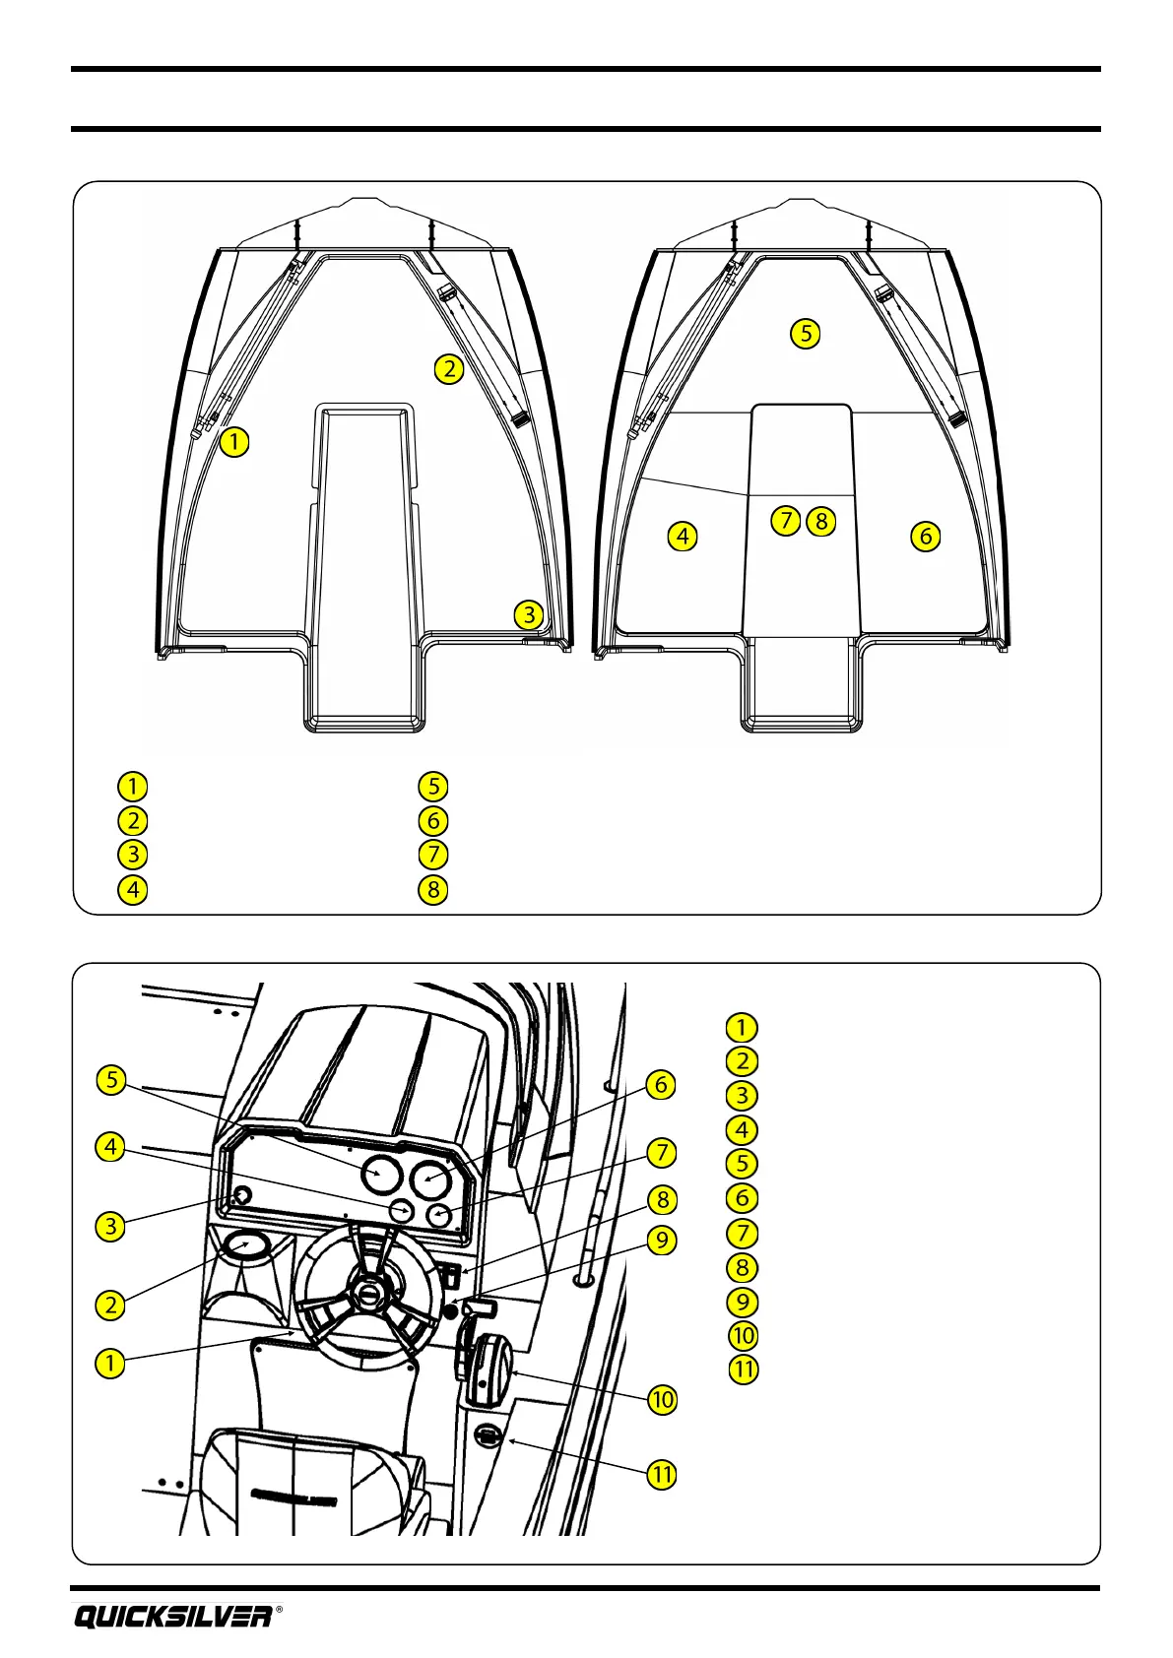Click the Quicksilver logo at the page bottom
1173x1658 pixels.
[172, 1617]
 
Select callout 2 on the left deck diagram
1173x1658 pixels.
[448, 369]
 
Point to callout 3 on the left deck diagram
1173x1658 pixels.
[529, 614]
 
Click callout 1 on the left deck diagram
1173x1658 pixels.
[234, 442]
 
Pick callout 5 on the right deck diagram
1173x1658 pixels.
[806, 334]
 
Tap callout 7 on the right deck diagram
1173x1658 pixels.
[785, 520]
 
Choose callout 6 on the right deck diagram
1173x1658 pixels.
[925, 537]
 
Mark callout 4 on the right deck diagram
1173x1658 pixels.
[683, 537]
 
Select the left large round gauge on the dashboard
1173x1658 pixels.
[381, 1174]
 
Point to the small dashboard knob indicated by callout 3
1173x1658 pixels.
[240, 1195]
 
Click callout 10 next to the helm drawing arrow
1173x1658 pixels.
[663, 1399]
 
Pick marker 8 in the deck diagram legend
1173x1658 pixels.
[432, 890]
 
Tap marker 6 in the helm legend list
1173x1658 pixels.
[742, 1198]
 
